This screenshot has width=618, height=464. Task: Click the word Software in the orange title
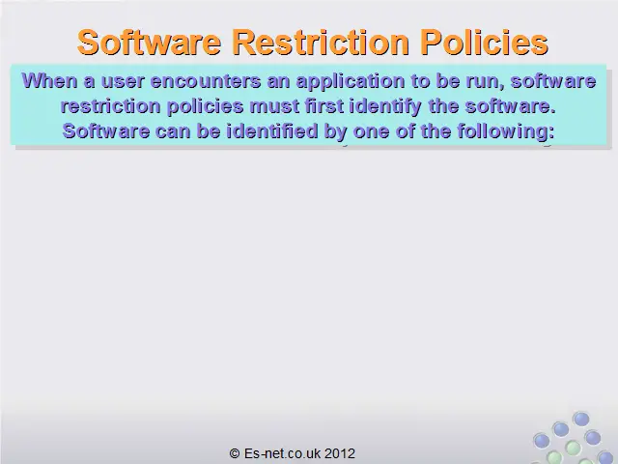coord(149,42)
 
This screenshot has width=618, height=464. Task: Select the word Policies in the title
coord(484,42)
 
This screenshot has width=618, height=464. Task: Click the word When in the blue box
coord(49,81)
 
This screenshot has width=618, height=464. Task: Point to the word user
coord(123,82)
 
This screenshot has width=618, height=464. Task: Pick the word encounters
coord(206,81)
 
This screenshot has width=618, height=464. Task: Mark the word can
coord(173,131)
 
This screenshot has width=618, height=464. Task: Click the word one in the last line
coord(371,131)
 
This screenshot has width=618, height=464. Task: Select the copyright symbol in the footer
coord(235,453)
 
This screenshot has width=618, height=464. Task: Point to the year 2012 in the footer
coord(340,453)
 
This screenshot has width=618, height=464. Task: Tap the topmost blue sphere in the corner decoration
coord(581,419)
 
